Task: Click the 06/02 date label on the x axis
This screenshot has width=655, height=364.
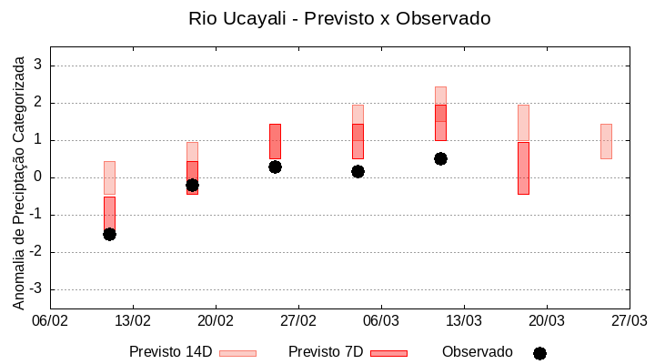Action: click(50, 321)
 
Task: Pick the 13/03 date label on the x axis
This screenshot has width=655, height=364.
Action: click(464, 321)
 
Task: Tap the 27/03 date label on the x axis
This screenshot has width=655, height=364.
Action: click(629, 321)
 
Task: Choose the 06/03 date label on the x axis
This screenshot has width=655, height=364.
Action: click(381, 321)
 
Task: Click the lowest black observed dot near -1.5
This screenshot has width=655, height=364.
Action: click(109, 234)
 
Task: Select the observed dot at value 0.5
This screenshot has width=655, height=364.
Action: click(440, 158)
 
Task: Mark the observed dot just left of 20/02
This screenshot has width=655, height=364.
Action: click(192, 185)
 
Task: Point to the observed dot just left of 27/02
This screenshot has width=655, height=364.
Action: click(275, 167)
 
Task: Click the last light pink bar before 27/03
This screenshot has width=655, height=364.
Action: click(606, 141)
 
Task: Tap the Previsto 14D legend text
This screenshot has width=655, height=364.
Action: click(170, 352)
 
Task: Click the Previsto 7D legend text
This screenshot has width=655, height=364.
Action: click(326, 352)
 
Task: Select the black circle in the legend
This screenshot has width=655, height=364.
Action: click(539, 353)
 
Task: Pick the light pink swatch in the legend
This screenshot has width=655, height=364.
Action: click(237, 353)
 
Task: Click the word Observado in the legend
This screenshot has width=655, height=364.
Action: click(478, 352)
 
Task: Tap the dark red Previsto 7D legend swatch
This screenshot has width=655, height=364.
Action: click(388, 353)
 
